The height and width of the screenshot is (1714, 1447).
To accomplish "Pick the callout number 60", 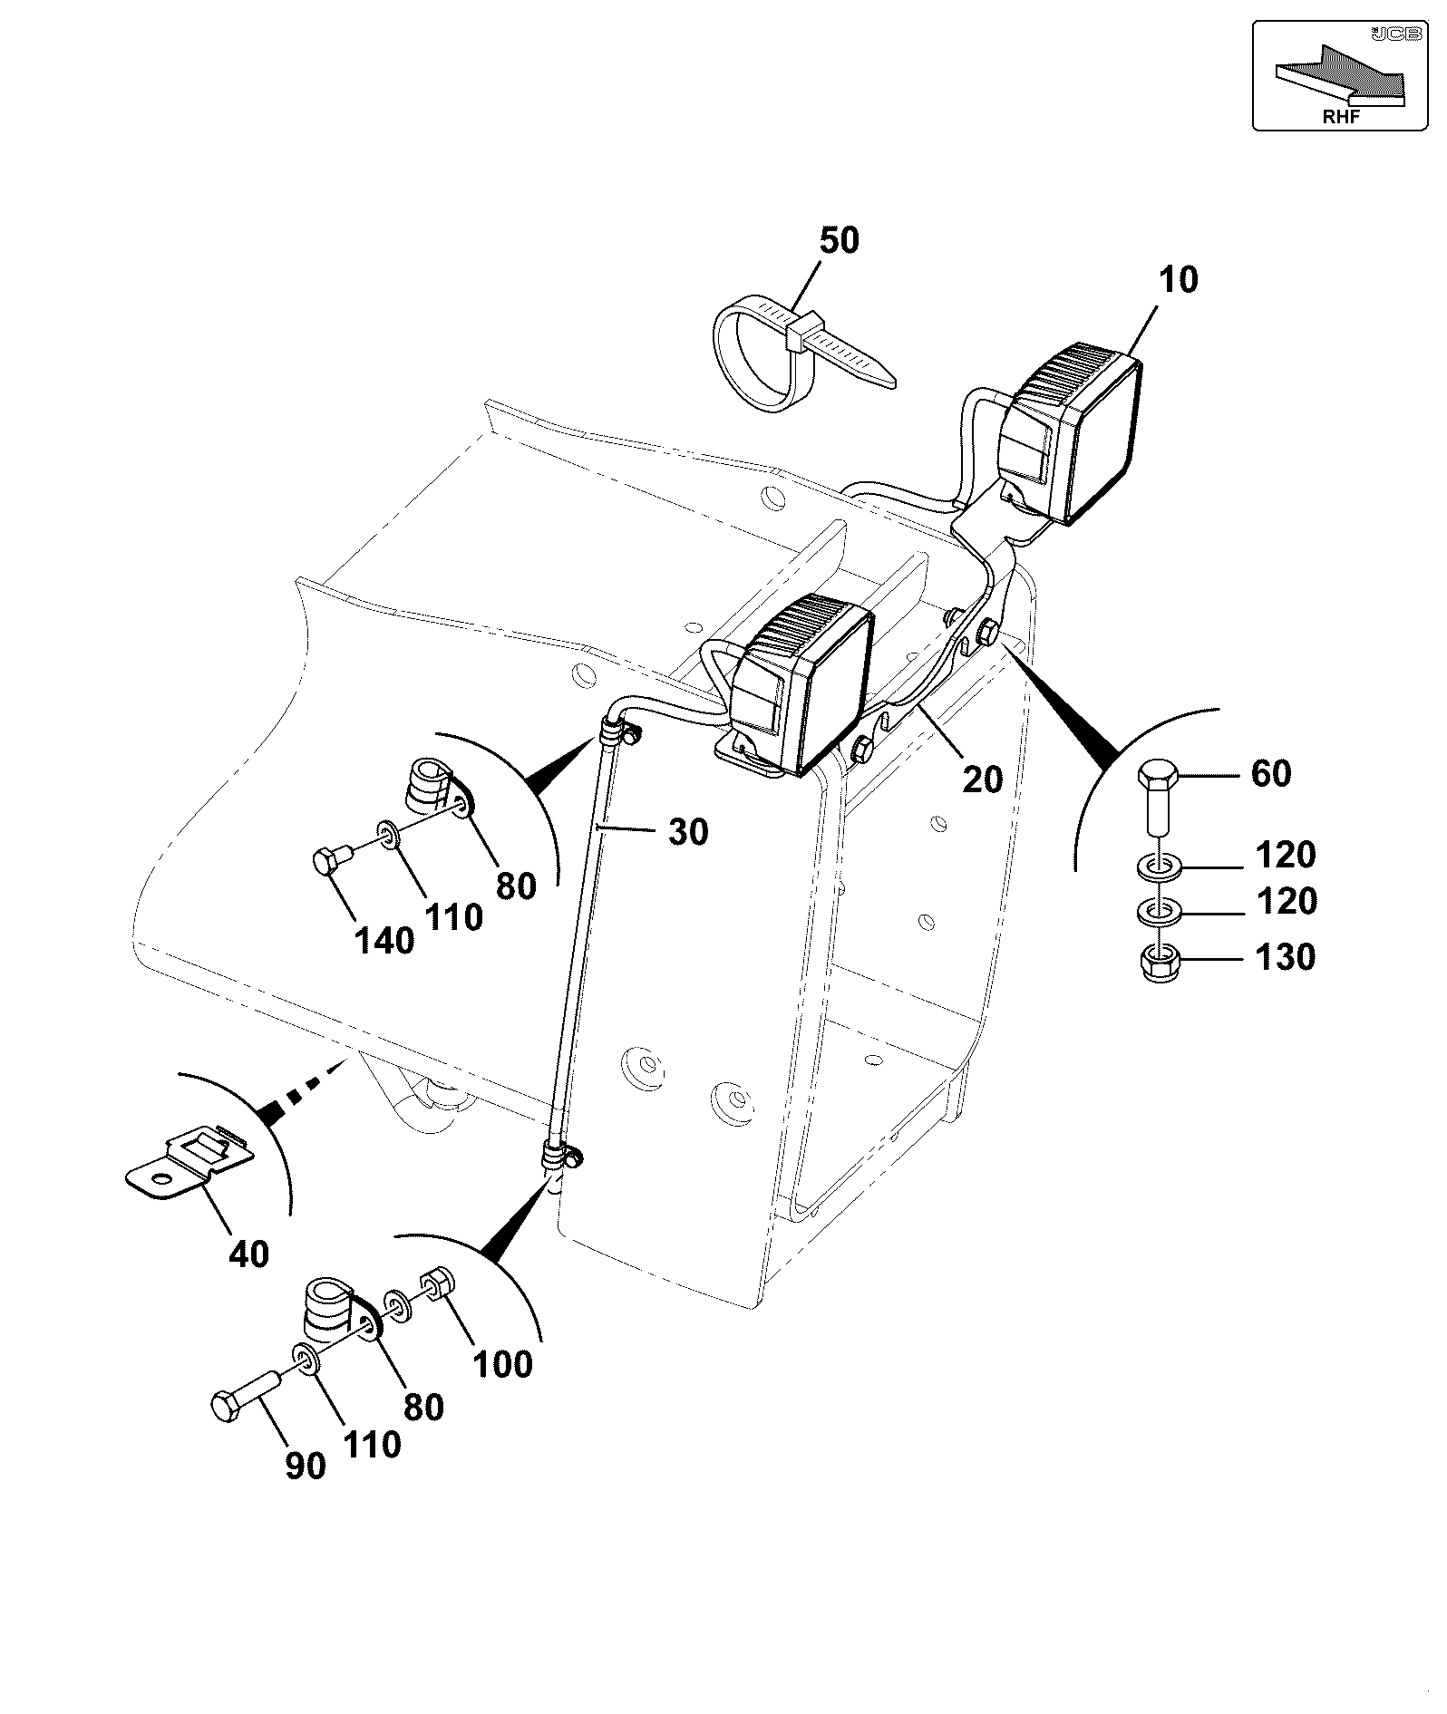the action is (x=1270, y=773).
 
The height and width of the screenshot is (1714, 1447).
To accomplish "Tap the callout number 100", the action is (x=503, y=1363).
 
